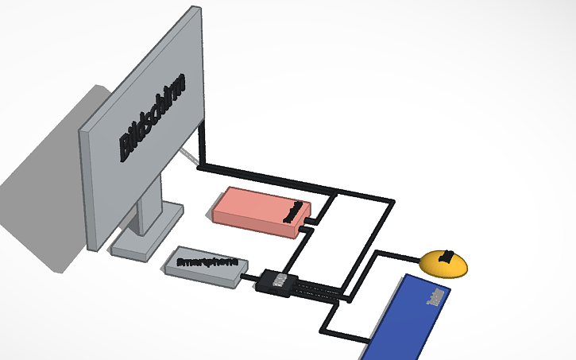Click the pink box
[254, 210]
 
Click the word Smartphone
[207, 261]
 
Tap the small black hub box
[278, 282]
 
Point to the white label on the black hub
[280, 280]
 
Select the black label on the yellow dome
[446, 257]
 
